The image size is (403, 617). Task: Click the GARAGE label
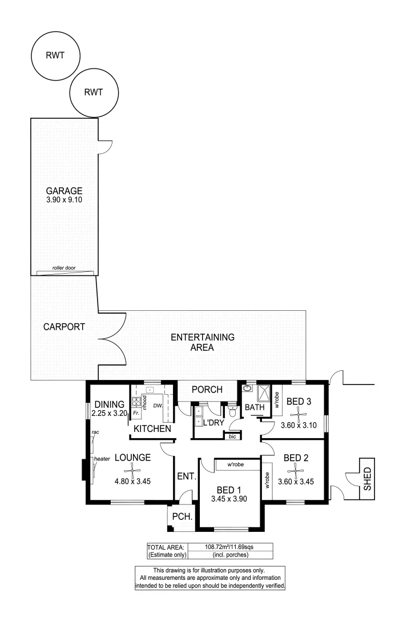(x=65, y=191)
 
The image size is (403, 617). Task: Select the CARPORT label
(x=64, y=327)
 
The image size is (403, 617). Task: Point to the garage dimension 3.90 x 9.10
(x=65, y=201)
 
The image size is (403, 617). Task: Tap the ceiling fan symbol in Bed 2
(x=295, y=471)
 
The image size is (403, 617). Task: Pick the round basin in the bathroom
(x=247, y=389)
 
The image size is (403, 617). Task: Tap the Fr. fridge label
(x=137, y=412)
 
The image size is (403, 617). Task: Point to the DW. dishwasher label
(x=158, y=406)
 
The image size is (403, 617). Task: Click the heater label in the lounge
(x=102, y=458)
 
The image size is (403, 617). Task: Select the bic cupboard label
(x=232, y=436)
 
